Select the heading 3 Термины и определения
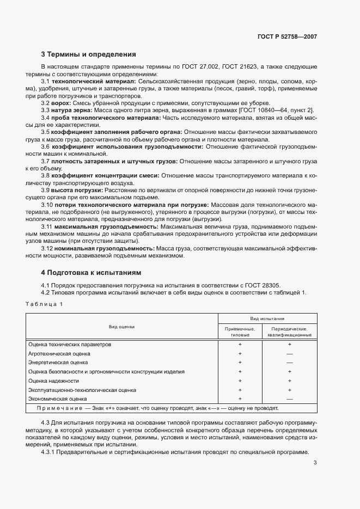(88, 54)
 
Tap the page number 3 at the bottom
(315, 463)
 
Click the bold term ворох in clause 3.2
(59, 103)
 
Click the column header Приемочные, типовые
(240, 332)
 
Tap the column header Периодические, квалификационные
(289, 332)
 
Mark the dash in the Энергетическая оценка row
(289, 363)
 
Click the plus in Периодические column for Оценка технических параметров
(289, 345)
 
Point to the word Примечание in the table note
(59, 408)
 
